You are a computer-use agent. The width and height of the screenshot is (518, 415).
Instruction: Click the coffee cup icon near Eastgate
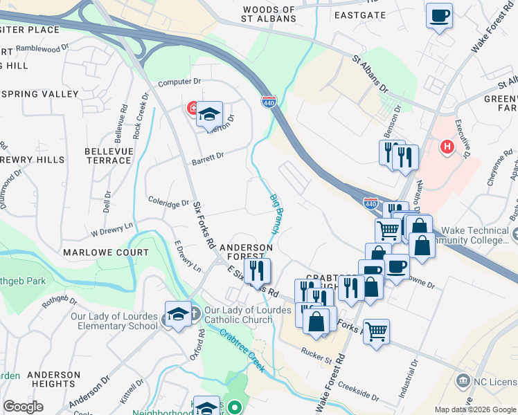(439, 15)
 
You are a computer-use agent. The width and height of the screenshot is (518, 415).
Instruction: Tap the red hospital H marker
(447, 147)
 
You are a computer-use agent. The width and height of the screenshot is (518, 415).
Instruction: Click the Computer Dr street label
(179, 82)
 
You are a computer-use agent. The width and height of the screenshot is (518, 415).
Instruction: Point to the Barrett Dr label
(208, 157)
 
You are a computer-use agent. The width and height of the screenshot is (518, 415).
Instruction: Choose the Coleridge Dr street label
(168, 202)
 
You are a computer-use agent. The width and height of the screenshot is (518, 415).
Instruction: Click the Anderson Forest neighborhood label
(247, 252)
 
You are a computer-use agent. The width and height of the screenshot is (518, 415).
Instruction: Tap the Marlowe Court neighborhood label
(106, 253)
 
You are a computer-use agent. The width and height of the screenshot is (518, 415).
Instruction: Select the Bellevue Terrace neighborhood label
(107, 156)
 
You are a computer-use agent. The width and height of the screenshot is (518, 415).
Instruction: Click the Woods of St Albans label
(269, 14)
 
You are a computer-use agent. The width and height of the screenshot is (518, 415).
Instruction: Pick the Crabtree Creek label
(242, 351)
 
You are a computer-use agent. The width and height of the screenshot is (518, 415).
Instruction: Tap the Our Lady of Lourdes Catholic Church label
(248, 315)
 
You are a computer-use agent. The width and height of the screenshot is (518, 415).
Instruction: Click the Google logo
(23, 407)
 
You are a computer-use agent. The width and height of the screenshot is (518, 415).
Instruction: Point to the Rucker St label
(317, 352)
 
